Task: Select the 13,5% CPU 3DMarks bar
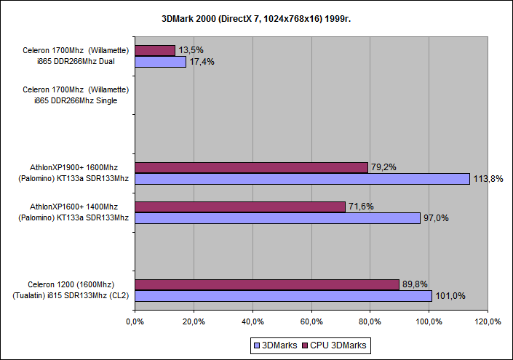tap(155, 50)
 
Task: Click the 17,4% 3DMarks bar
tap(161, 62)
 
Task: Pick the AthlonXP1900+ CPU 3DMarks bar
tap(251, 167)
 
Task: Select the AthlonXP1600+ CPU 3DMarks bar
tap(240, 207)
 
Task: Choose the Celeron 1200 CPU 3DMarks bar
tap(267, 284)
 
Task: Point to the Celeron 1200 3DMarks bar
tap(283, 296)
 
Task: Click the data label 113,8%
tap(488, 179)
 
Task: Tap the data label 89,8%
tap(417, 284)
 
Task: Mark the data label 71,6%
tap(362, 207)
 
